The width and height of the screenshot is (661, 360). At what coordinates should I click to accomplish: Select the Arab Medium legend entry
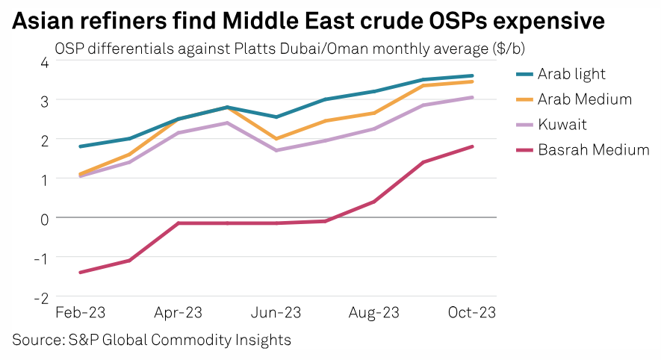pos(585,99)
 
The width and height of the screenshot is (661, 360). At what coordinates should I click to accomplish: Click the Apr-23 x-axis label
pos(179,312)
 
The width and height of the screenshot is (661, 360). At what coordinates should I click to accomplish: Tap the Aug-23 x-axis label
pos(374,312)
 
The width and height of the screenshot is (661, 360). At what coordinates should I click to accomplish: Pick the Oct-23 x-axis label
pos(471,312)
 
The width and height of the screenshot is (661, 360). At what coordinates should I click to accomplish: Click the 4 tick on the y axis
pos(44,62)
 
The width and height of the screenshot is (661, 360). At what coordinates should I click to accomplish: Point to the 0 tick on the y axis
pos(44,218)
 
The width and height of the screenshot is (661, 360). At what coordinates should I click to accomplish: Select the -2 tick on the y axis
pos(41,297)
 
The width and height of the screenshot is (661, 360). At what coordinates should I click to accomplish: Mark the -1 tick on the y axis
pos(41,258)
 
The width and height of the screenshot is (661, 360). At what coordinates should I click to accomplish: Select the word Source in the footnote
pos(34,340)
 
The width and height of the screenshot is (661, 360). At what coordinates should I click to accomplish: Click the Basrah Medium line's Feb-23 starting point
pos(80,273)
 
